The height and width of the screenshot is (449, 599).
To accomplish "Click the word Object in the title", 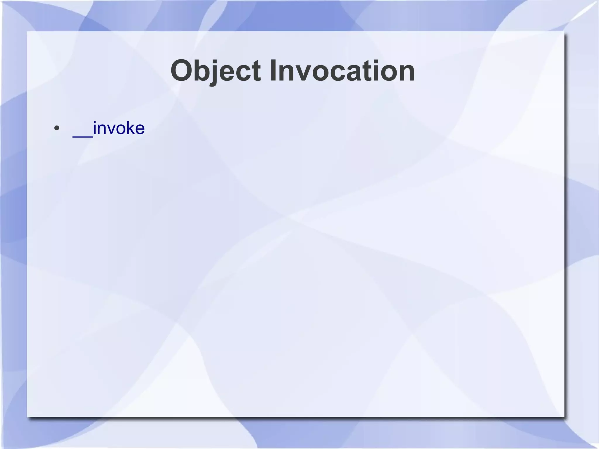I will pos(216,71).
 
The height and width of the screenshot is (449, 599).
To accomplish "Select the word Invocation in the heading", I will pos(342,71).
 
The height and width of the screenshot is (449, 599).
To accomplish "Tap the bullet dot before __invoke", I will pos(57,128).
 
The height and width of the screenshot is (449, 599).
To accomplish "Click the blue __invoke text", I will pos(109,128).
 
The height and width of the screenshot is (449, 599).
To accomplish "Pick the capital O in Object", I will pos(183,71).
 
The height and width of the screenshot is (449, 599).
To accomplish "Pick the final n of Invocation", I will pos(406,73).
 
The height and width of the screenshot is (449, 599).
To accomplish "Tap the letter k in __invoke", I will pos(129,128).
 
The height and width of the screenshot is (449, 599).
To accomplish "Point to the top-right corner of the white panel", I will pos(564,32).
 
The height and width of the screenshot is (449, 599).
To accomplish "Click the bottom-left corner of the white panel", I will pos(27,416).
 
